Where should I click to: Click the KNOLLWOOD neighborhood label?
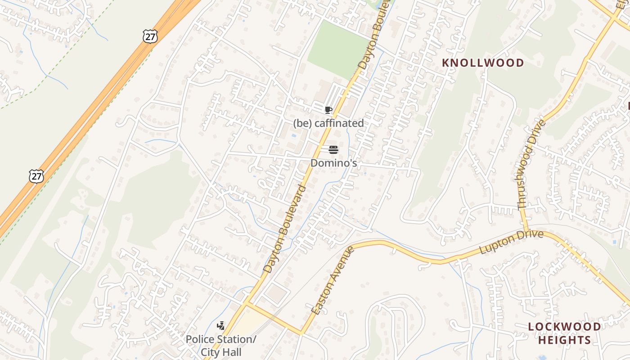pyautogui.click(x=483, y=63)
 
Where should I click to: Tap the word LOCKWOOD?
pyautogui.click(x=564, y=327)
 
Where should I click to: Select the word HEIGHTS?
pyautogui.click(x=564, y=340)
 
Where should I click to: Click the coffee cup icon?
pyautogui.click(x=328, y=110)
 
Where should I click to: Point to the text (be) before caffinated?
pyautogui.click(x=302, y=123)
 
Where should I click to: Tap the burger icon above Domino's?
pyautogui.click(x=333, y=150)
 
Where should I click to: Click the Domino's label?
pyautogui.click(x=334, y=163)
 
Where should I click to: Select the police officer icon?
pyautogui.click(x=220, y=326)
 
